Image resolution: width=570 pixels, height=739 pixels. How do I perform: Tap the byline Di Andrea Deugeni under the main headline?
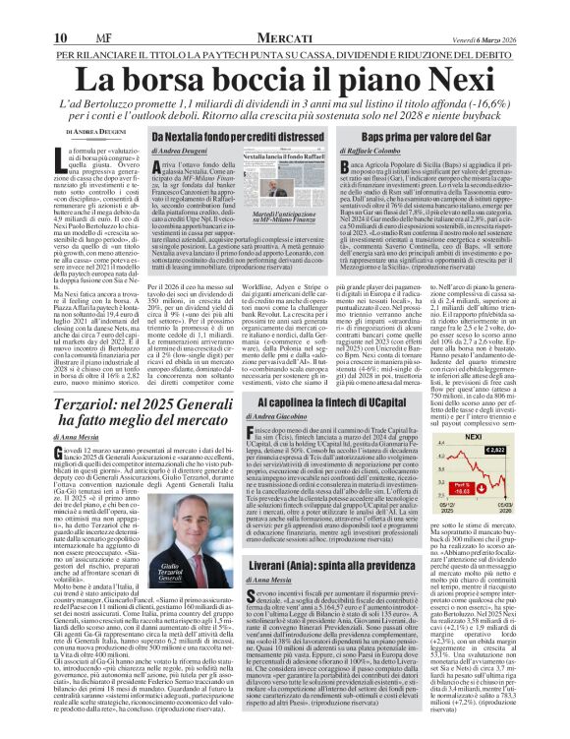click(58, 131)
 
